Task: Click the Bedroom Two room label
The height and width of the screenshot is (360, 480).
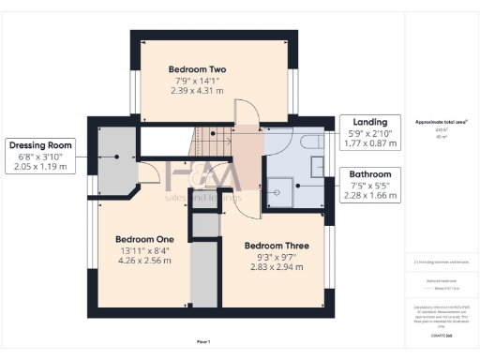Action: pyautogui.click(x=198, y=69)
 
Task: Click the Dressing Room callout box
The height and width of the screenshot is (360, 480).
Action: pyautogui.click(x=41, y=156)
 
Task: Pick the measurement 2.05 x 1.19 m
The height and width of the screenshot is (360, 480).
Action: pyautogui.click(x=41, y=167)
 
